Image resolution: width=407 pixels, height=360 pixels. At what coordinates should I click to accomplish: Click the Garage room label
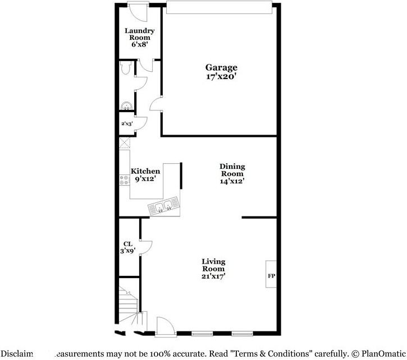pos(220,68)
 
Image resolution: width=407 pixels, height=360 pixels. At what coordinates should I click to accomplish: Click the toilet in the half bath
pos(126,68)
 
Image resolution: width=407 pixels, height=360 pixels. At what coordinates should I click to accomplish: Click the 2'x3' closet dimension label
pos(127,124)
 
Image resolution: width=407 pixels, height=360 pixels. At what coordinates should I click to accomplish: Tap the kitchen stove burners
pos(124,181)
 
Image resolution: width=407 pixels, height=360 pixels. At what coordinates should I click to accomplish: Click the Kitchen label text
pos(145,172)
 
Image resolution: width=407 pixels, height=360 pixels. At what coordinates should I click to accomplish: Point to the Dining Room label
pos(232,170)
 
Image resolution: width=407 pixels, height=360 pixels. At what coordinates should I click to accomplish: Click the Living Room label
pos(213,265)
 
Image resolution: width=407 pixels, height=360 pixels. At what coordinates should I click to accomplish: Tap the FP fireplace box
pos(271,275)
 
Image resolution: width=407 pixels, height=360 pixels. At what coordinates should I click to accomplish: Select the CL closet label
pos(127,244)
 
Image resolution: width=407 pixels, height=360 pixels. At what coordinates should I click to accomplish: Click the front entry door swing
pos(164,325)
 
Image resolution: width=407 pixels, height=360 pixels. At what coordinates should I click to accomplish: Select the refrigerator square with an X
pos(125,142)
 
